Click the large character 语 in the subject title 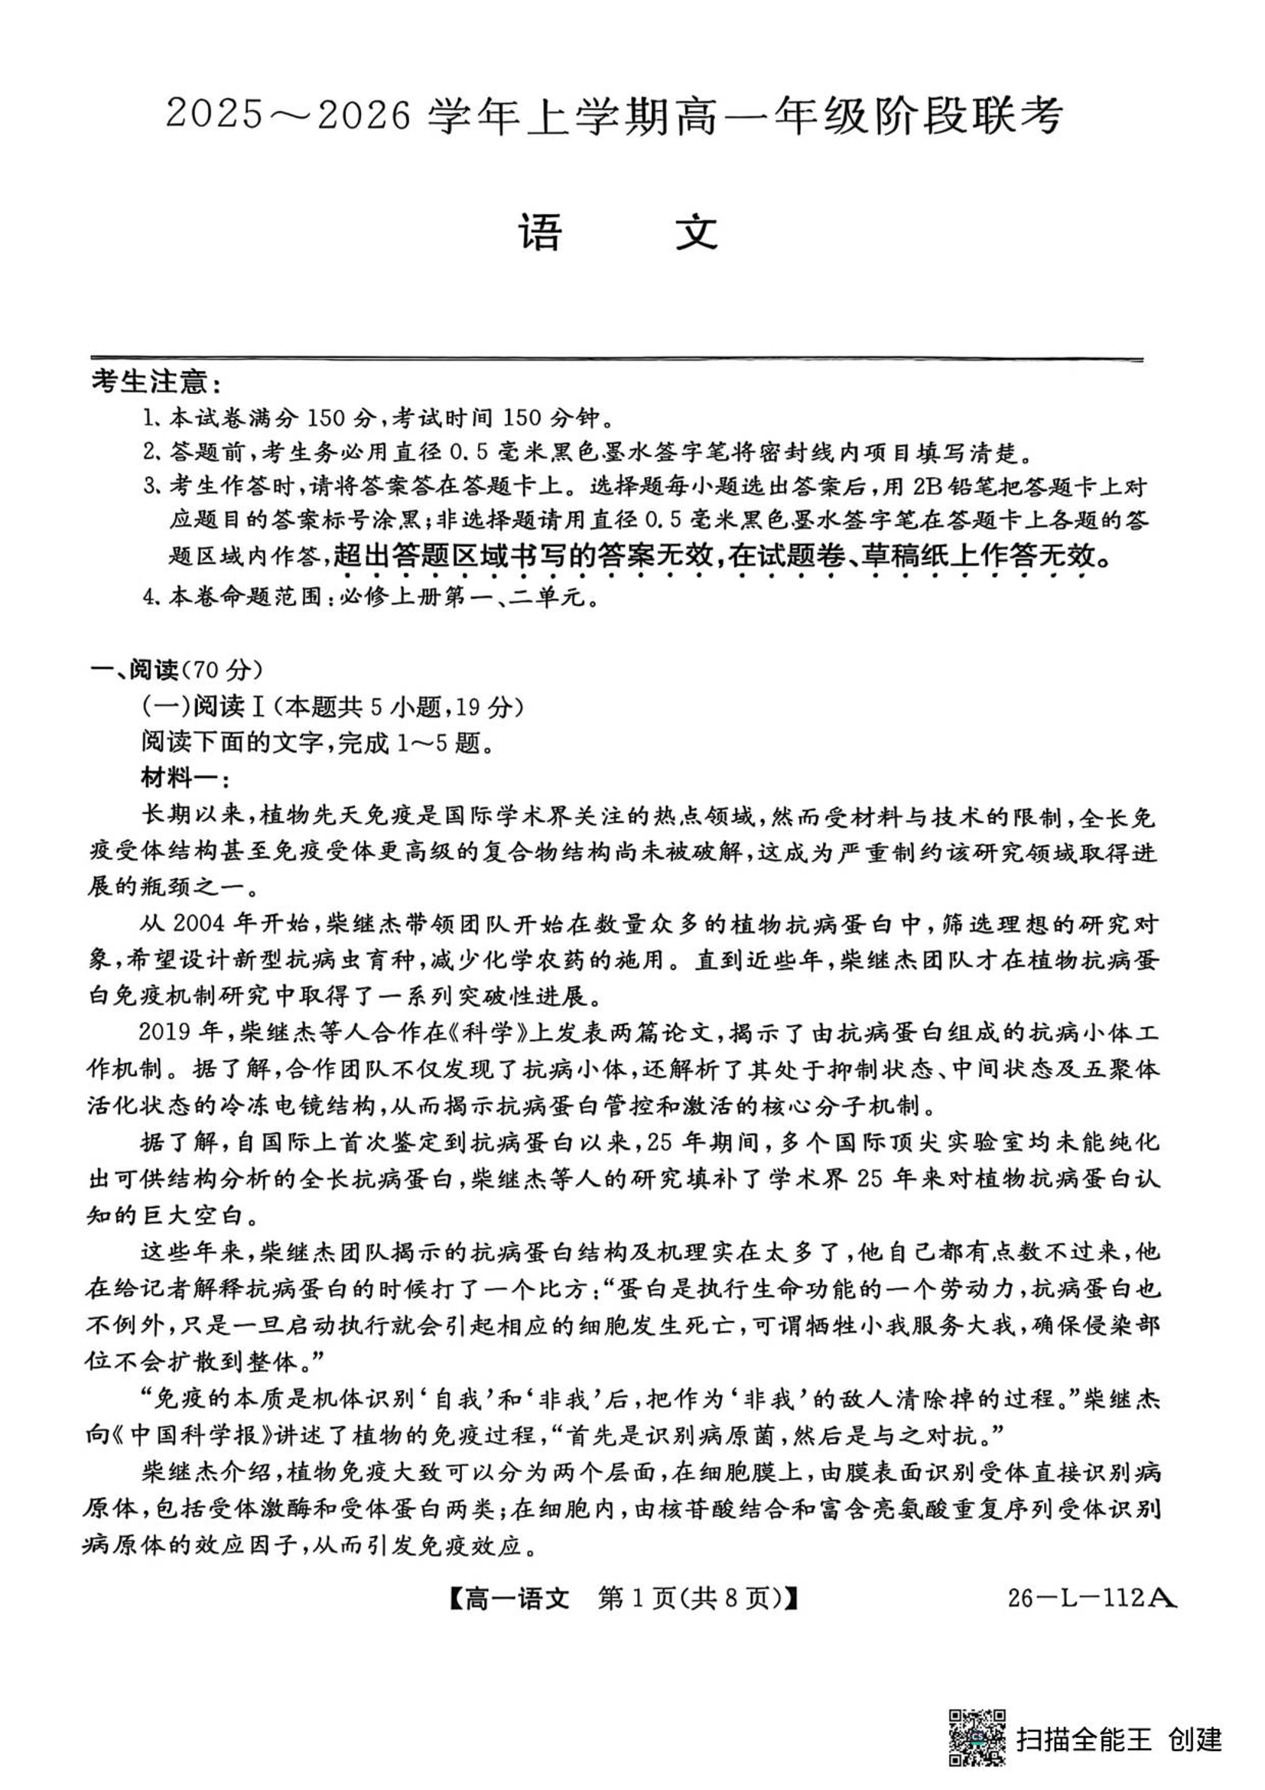540,233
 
